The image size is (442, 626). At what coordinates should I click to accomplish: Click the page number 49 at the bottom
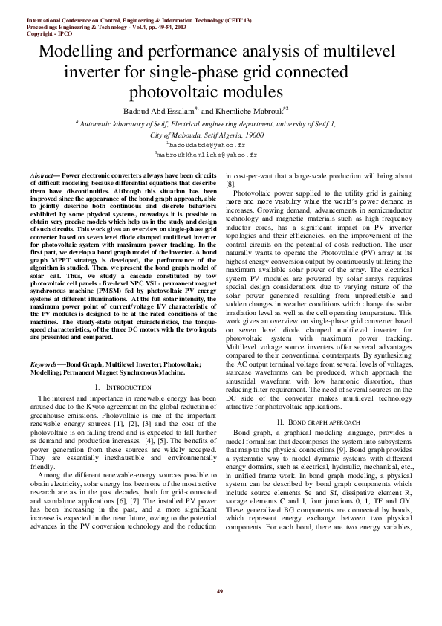click(x=220, y=591)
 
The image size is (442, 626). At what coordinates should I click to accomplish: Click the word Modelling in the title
click(x=80, y=54)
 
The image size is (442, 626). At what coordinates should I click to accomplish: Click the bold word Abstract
click(x=42, y=174)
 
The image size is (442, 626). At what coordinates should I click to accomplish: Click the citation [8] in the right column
click(x=231, y=183)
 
